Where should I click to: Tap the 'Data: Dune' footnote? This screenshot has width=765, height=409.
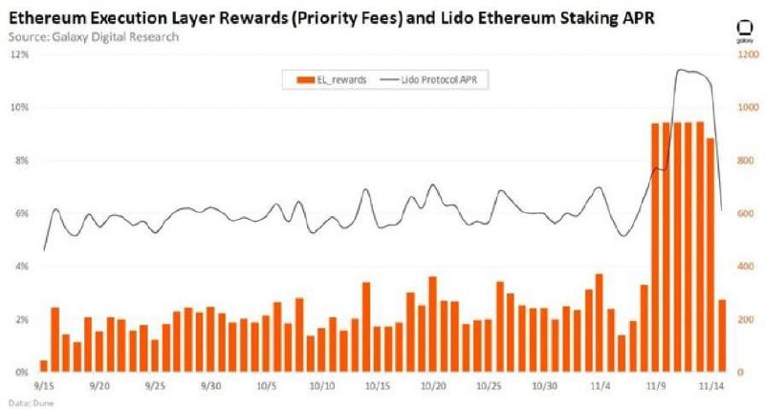[x=22, y=402]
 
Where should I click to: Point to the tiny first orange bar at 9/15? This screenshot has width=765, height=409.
[x=44, y=365]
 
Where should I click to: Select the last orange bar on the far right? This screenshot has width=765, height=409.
[x=721, y=335]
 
